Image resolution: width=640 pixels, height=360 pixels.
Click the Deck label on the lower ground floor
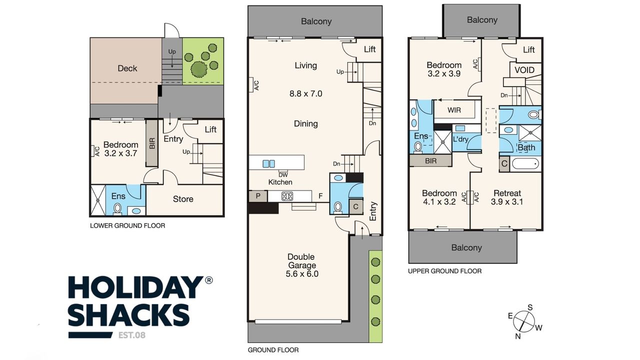click(127, 68)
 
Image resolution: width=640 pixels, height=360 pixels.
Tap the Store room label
click(183, 199)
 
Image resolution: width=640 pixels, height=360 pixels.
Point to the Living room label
click(305, 65)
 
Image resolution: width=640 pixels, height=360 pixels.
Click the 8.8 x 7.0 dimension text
click(305, 93)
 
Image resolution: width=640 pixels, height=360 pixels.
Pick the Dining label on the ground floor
click(305, 123)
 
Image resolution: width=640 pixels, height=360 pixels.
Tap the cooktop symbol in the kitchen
click(287, 196)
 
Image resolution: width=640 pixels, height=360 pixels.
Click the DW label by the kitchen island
click(283, 175)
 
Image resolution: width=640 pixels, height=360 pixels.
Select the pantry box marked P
click(258, 196)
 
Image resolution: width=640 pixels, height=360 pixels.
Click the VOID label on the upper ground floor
click(524, 70)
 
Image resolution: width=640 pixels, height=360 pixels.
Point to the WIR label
click(454, 110)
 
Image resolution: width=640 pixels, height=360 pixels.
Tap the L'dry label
click(460, 139)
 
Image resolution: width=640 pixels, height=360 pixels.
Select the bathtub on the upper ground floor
click(525, 164)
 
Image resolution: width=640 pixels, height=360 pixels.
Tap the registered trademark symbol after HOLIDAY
click(209, 280)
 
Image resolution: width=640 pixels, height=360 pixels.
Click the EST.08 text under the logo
click(131, 335)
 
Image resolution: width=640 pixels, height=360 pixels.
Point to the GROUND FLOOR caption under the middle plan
click(273, 350)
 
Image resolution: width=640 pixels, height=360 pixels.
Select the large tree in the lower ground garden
click(199, 69)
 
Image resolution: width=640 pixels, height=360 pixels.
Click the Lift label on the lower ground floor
click(210, 129)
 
